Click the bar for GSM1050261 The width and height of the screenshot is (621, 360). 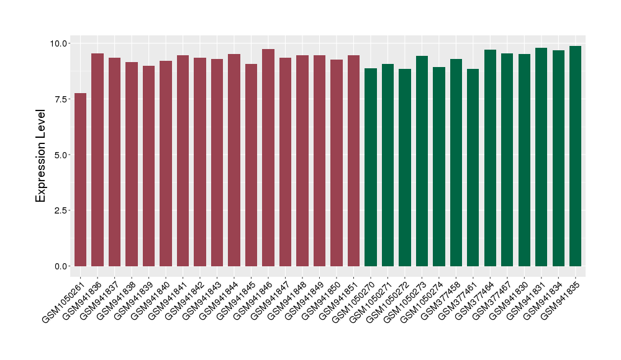pyautogui.click(x=80, y=180)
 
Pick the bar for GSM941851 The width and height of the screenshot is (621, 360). pyautogui.click(x=353, y=161)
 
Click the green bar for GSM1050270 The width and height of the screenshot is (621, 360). pyautogui.click(x=371, y=168)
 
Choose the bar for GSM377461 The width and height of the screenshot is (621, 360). pyautogui.click(x=473, y=168)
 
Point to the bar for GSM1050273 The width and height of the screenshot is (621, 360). pyautogui.click(x=422, y=161)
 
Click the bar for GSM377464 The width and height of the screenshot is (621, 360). pyautogui.click(x=490, y=158)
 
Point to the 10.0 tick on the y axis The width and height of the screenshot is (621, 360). pyautogui.click(x=60, y=43)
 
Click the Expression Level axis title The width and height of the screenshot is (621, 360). pyautogui.click(x=41, y=155)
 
